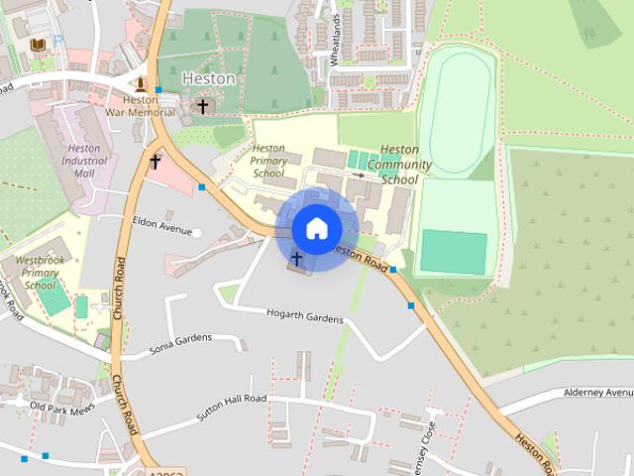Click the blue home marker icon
(316, 228)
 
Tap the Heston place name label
(209, 78)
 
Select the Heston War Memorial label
(142, 105)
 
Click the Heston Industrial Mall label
(84, 161)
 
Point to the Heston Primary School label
(268, 161)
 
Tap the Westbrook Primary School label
(41, 273)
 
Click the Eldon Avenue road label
(160, 229)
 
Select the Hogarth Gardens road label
(305, 318)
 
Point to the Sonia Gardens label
(180, 344)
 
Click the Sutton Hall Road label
(232, 408)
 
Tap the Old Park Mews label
(61, 407)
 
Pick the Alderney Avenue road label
(596, 393)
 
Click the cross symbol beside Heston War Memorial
(203, 105)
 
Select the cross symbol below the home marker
(296, 259)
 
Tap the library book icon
(38, 46)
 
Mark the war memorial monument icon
(141, 83)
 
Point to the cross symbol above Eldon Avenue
(156, 160)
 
